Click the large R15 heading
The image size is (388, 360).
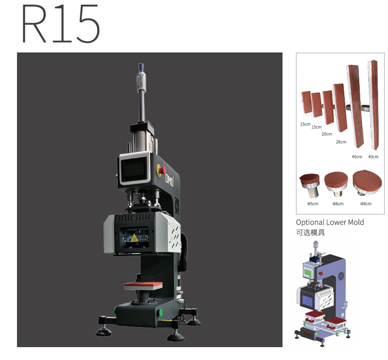click(61, 24)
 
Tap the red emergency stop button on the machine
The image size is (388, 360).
click(163, 170)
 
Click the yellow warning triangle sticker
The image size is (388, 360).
click(134, 238)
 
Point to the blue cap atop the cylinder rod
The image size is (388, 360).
click(141, 66)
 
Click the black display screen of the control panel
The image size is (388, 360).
click(134, 170)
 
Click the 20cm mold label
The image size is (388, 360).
click(327, 134)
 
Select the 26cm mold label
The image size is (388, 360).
click(341, 142)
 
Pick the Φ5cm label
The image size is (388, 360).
click(313, 204)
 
